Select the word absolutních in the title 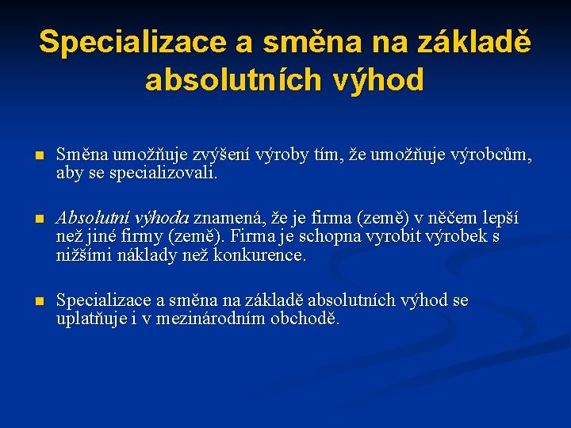point(233,80)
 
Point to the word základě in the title point(466,42)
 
